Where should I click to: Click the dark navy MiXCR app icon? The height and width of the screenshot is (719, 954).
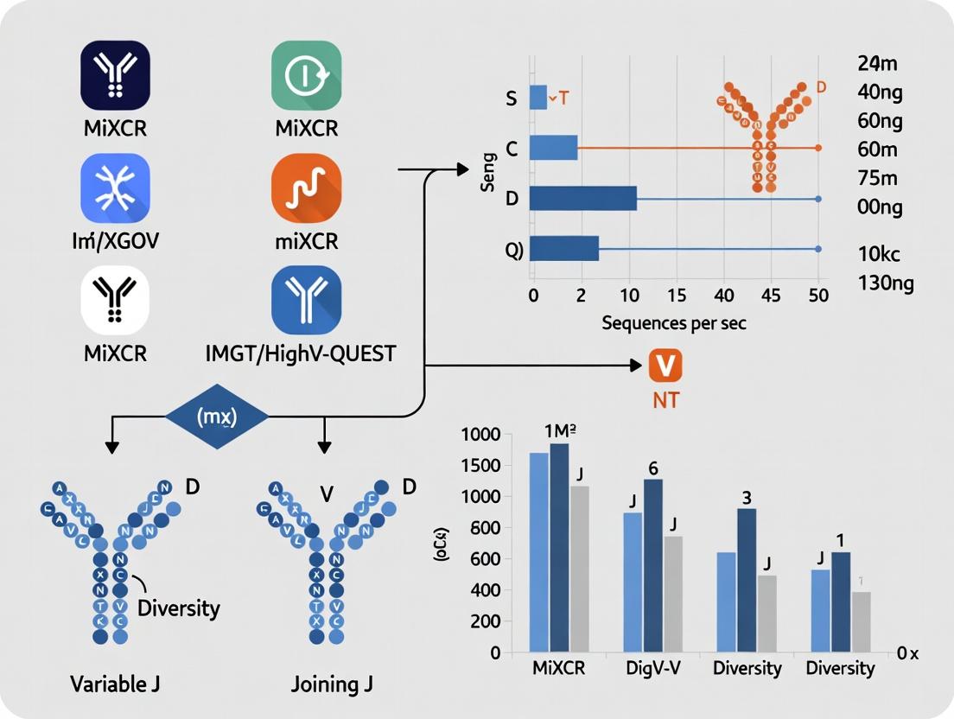[115, 75]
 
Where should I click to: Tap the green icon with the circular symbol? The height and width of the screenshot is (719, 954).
[306, 75]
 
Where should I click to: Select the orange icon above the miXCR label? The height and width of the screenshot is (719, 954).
[306, 188]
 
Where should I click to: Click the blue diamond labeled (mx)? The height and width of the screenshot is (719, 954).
[216, 417]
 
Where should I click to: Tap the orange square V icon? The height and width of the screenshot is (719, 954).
[665, 366]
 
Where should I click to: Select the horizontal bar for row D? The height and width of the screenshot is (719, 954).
[583, 199]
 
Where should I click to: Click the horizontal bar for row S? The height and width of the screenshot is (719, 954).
[537, 98]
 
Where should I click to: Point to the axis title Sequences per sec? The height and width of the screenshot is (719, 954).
[675, 324]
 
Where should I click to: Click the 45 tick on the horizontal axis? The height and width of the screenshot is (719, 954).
[771, 296]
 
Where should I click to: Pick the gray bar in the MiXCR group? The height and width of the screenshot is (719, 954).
[579, 569]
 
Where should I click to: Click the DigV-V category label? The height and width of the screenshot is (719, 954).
[653, 668]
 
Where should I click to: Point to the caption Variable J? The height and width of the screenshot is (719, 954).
[115, 684]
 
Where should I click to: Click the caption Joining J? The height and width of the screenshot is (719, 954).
[333, 684]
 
